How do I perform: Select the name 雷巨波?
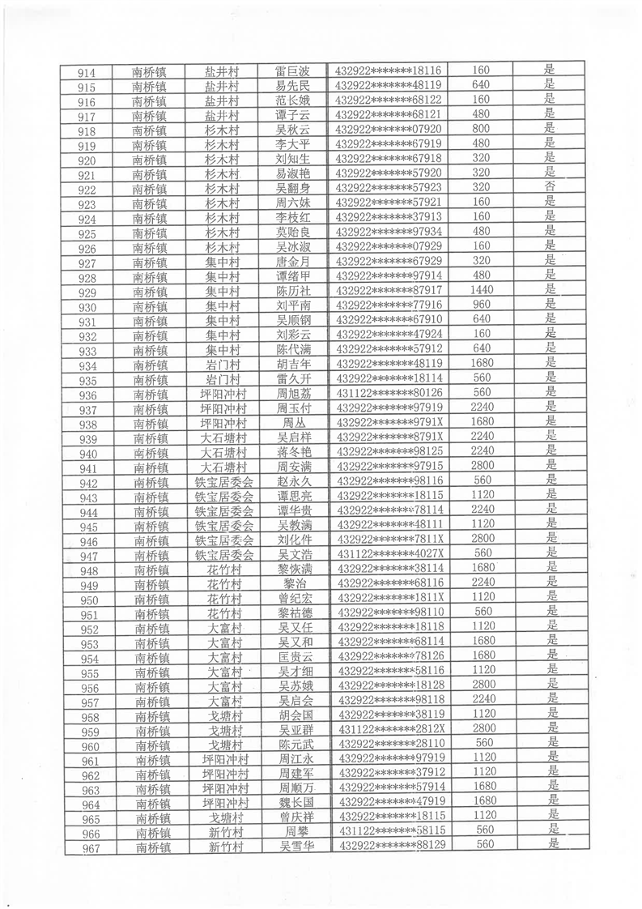(292, 71)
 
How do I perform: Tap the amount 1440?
(482, 290)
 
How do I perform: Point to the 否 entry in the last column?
(551, 187)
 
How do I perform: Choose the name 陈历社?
(293, 291)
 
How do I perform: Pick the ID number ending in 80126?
(389, 393)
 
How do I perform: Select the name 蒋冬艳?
(294, 451)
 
